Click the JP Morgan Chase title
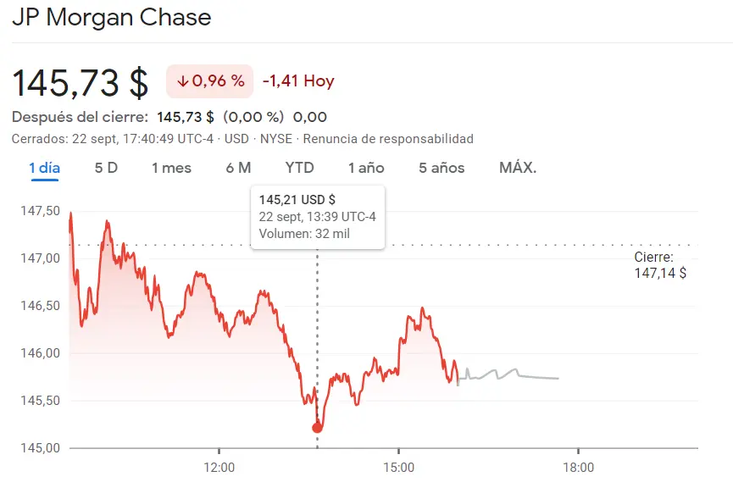[112, 17]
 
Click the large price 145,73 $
[81, 82]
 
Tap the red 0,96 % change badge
[210, 81]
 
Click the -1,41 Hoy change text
[298, 81]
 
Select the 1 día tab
[45, 168]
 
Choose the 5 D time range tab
[106, 168]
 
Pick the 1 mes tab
[171, 168]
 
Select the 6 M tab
[238, 168]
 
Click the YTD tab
[299, 168]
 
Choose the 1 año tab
[366, 168]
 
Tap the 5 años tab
[441, 168]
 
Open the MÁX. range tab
[518, 168]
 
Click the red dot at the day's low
[317, 428]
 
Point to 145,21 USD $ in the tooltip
[297, 200]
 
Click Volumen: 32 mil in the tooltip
[304, 234]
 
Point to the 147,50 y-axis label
[40, 211]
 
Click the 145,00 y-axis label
[40, 448]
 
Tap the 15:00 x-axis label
[398, 468]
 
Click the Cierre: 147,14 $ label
[659, 265]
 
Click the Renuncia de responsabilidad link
[388, 139]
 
